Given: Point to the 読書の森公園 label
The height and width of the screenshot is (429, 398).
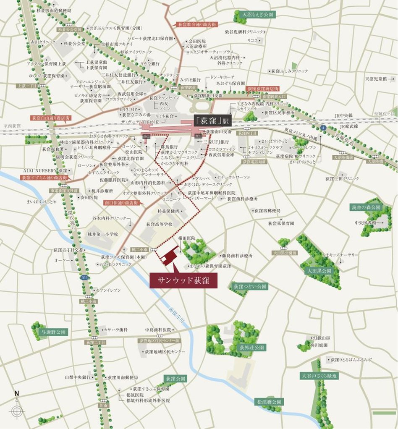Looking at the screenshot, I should pos(366,207).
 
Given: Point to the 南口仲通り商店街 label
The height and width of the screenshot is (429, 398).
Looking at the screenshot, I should pos(121,202).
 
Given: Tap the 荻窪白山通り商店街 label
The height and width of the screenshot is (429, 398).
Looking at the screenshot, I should pos(48,118).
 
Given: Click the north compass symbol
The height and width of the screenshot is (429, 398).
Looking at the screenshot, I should pos(17,409).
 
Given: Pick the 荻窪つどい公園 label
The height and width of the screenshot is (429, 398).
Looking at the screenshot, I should pos(250,286).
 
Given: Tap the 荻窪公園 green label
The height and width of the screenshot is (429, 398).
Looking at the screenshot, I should pos(175,378).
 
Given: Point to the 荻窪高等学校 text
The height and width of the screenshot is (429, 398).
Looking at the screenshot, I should pos(159,225).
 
